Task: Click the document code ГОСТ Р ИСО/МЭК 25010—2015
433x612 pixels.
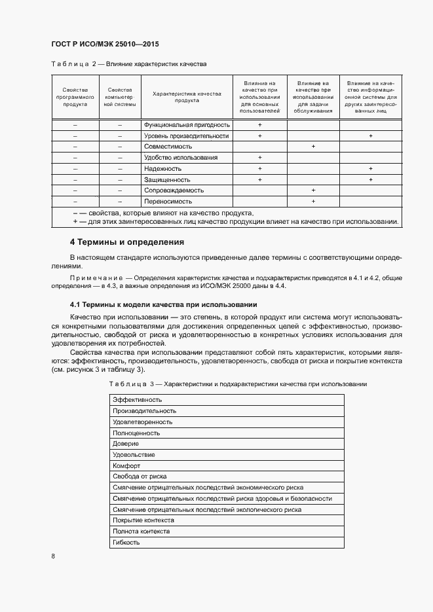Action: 105,45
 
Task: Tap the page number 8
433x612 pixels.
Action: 53,556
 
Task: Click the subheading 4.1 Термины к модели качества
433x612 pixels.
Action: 164,305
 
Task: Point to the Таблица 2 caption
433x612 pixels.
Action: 128,64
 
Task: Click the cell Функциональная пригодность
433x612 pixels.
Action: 187,124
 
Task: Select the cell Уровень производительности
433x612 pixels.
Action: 186,135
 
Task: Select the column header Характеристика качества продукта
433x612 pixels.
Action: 187,97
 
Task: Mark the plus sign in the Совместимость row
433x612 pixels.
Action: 313,147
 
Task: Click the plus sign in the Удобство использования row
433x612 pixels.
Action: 260,158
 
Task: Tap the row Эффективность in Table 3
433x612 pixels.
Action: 137,399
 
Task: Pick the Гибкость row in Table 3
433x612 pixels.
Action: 126,543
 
